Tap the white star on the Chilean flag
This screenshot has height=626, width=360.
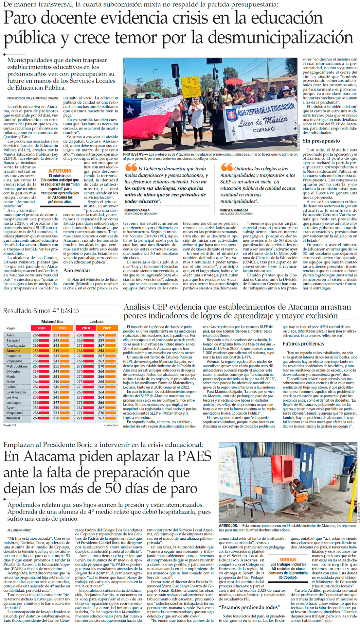tap(130, 110)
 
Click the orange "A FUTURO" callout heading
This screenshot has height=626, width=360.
tap(60, 171)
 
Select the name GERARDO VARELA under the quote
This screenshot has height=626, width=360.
tap(137, 210)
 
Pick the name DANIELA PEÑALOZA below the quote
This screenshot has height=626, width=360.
tap(234, 210)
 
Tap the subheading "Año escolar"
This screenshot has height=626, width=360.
tap(77, 270)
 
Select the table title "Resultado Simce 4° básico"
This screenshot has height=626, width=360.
tap(41, 311)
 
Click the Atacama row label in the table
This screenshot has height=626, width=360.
tap(13, 351)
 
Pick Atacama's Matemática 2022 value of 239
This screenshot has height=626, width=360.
tap(57, 351)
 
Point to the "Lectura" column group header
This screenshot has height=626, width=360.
tap(96, 322)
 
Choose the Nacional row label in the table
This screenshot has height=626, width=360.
tap(13, 418)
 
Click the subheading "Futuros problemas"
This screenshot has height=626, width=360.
tap(303, 344)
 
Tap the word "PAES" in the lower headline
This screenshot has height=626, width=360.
tap(190, 457)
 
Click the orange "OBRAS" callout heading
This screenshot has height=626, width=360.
tap(288, 560)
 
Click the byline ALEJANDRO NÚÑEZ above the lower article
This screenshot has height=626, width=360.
tap(19, 530)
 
